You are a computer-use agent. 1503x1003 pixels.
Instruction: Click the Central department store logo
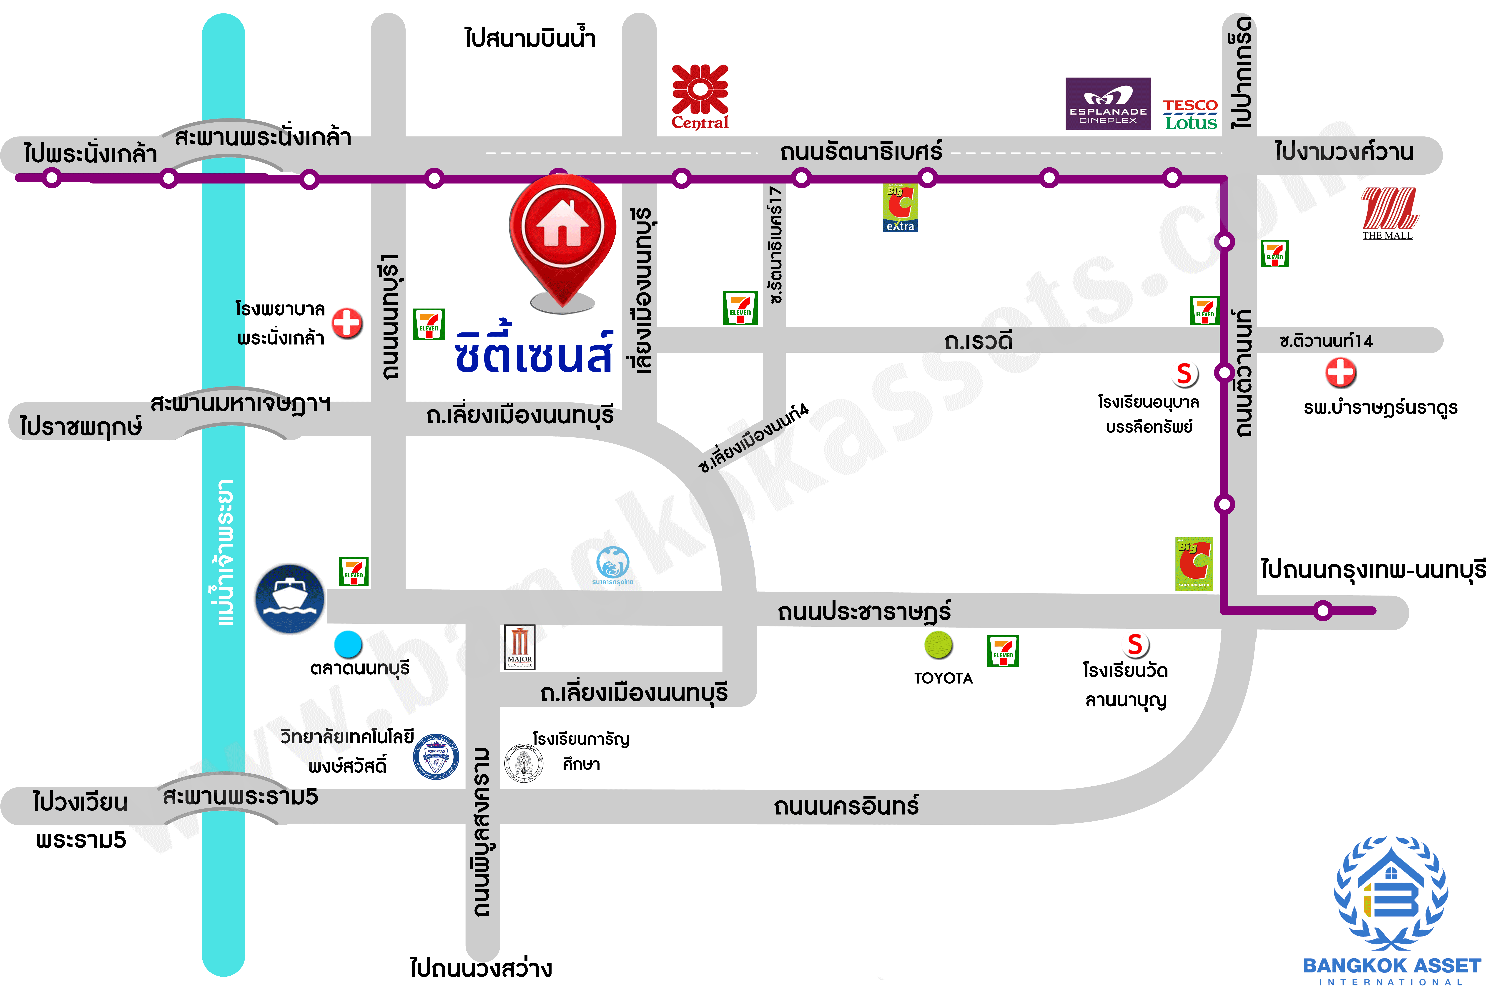tap(700, 96)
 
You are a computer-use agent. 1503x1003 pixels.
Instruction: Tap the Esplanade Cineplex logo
tap(1108, 104)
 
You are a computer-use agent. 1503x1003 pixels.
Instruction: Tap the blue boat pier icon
tap(290, 599)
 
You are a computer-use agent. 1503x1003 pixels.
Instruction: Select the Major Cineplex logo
tap(519, 647)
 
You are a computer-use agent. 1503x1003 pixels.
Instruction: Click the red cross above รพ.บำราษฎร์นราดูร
tap(1341, 372)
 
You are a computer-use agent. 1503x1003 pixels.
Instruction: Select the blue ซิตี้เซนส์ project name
tap(534, 352)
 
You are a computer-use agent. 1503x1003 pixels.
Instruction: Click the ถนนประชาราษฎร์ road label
tap(863, 611)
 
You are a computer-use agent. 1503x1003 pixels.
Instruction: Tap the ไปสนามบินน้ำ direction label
tap(529, 38)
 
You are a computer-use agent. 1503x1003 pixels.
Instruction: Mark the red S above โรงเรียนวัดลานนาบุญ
tap(1135, 645)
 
